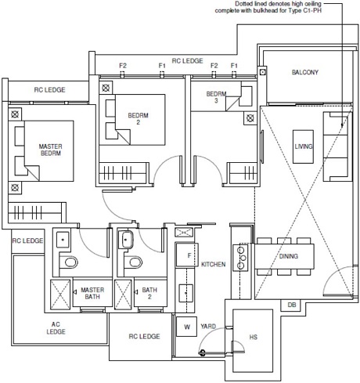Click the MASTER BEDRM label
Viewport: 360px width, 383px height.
click(50, 150)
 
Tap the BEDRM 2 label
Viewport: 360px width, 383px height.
click(138, 118)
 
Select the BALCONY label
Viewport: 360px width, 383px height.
click(305, 72)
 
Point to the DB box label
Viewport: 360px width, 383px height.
click(292, 305)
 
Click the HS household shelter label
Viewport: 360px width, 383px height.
click(253, 337)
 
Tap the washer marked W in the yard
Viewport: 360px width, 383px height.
click(186, 327)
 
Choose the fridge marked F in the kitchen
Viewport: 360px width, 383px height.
click(187, 255)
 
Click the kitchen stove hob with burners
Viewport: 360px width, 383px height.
click(240, 258)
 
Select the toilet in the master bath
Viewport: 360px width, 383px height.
click(69, 262)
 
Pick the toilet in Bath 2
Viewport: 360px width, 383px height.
click(134, 262)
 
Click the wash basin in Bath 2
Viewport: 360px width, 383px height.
click(126, 240)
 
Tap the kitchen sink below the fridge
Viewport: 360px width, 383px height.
click(185, 293)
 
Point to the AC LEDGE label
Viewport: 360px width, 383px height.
click(56, 328)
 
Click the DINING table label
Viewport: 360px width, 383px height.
click(289, 256)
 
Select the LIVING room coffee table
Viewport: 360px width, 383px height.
click(303, 146)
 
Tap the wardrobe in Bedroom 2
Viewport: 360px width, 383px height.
click(123, 172)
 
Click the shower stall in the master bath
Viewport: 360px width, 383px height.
click(60, 294)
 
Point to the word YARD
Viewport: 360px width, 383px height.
click(208, 326)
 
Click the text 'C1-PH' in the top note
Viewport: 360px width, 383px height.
click(312, 11)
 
